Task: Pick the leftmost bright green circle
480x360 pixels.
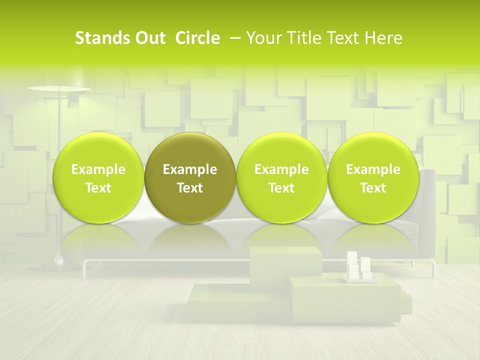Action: click(98, 150)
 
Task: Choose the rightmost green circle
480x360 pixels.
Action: click(373, 150)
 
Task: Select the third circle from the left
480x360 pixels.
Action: click(281, 150)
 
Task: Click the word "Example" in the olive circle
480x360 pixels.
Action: click(190, 169)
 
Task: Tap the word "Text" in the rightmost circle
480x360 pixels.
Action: click(373, 188)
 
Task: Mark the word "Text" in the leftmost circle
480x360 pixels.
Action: click(98, 188)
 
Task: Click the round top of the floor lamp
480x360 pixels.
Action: click(59, 88)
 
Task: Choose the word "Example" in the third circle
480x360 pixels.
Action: click(281, 169)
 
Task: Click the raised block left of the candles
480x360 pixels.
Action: click(285, 262)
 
